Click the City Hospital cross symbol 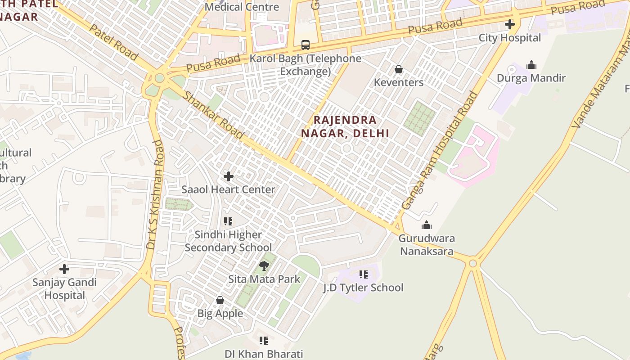point(510,24)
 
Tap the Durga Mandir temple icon point(531,65)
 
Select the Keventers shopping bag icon point(398,69)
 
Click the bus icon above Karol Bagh point(306,45)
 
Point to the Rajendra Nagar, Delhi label point(345,126)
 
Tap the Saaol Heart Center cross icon point(229,176)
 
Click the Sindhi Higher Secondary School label point(229,241)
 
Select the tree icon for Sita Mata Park point(264,266)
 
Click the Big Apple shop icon point(220,300)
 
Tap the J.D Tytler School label point(364,288)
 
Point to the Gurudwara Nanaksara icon point(427,225)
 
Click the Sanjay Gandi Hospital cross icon point(64,270)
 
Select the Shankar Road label point(214,115)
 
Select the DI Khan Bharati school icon point(264,341)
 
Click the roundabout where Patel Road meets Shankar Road point(159,78)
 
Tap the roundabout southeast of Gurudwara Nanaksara point(472,263)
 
